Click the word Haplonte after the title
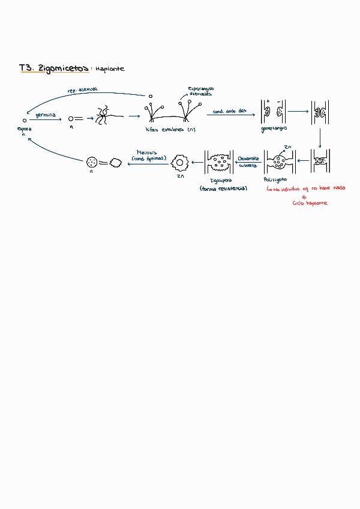click(x=109, y=69)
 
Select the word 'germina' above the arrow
click(x=46, y=114)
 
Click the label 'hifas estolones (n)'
click(x=170, y=129)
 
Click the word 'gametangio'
click(x=274, y=128)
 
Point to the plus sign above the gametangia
click(x=268, y=101)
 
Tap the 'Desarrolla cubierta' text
click(x=247, y=161)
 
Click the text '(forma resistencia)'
click(x=223, y=188)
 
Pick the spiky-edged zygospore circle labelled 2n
click(x=179, y=161)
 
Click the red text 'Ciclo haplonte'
click(x=310, y=203)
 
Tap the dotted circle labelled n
click(x=92, y=161)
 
